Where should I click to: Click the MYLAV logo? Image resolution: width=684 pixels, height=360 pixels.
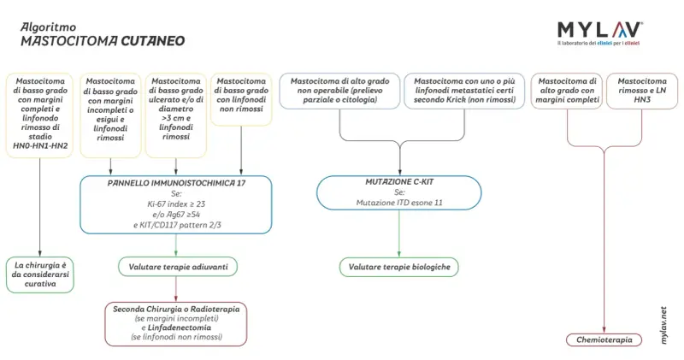pyautogui.click(x=600, y=33)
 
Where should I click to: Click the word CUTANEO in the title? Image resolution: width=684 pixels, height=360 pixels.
pyautogui.click(x=153, y=41)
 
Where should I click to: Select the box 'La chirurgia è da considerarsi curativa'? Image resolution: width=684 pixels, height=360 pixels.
pyautogui.click(x=40, y=274)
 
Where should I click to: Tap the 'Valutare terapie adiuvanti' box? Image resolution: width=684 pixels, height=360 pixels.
pyautogui.click(x=178, y=267)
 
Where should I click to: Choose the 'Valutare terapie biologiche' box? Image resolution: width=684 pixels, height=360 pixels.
pyautogui.click(x=399, y=267)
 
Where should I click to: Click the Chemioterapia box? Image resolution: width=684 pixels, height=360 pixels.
pyautogui.click(x=604, y=340)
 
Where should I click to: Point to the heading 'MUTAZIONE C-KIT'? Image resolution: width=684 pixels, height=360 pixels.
pyautogui.click(x=399, y=182)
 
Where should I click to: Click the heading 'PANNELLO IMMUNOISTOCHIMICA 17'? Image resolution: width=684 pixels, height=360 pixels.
pyautogui.click(x=176, y=183)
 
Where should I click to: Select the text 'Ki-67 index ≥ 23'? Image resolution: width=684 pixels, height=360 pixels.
pyautogui.click(x=176, y=204)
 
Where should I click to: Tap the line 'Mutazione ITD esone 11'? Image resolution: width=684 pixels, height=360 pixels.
pyautogui.click(x=399, y=203)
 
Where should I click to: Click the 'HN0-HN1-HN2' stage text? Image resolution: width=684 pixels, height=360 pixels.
pyautogui.click(x=40, y=145)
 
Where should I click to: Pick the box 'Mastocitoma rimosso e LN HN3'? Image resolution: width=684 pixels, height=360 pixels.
pyautogui.click(x=642, y=91)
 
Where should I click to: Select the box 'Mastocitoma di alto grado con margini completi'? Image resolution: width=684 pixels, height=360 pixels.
pyautogui.click(x=567, y=91)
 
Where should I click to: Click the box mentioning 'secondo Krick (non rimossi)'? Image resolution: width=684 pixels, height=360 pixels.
pyautogui.click(x=464, y=91)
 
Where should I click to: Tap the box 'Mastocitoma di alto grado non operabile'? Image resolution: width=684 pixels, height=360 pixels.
pyautogui.click(x=339, y=91)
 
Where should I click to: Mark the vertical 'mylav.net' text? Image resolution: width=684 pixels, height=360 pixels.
pyautogui.click(x=663, y=325)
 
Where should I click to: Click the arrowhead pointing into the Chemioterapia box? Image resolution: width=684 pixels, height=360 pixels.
pyautogui.click(x=604, y=330)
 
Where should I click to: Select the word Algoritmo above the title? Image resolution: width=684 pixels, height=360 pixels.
pyautogui.click(x=48, y=27)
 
